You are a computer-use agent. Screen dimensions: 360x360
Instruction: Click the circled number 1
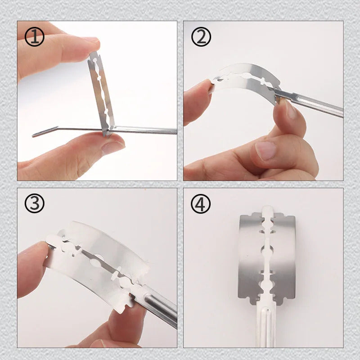point(35,37)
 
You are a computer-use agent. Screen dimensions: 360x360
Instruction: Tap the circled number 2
point(201,37)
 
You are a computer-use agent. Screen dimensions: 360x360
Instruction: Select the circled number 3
point(35,203)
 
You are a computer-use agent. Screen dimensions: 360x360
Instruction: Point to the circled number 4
point(201,203)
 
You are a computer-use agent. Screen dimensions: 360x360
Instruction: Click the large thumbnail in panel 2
point(265,150)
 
